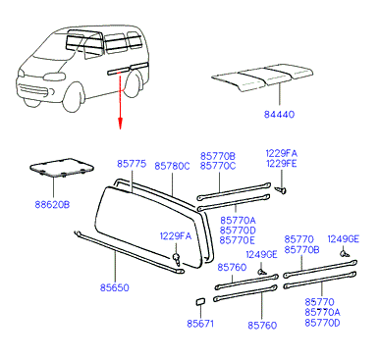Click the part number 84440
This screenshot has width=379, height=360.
(280, 115)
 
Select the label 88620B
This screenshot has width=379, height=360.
(52, 205)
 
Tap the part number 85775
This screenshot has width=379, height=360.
(132, 164)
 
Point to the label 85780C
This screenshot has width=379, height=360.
(172, 166)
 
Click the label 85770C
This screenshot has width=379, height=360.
(218, 166)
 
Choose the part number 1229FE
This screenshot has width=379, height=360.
(282, 163)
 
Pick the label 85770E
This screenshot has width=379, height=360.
(238, 240)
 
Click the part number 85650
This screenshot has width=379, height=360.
(115, 287)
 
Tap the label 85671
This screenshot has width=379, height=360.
(200, 324)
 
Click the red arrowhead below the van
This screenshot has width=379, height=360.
(120, 124)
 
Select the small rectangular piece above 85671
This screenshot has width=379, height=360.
(200, 301)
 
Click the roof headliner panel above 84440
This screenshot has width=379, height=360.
(262, 77)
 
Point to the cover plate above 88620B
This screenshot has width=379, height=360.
(62, 168)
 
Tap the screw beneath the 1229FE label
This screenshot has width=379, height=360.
(281, 189)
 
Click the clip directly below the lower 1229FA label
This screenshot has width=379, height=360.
(177, 258)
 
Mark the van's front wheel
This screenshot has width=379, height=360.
(74, 97)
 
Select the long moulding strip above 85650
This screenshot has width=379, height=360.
(129, 252)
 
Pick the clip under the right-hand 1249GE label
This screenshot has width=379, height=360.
(345, 253)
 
